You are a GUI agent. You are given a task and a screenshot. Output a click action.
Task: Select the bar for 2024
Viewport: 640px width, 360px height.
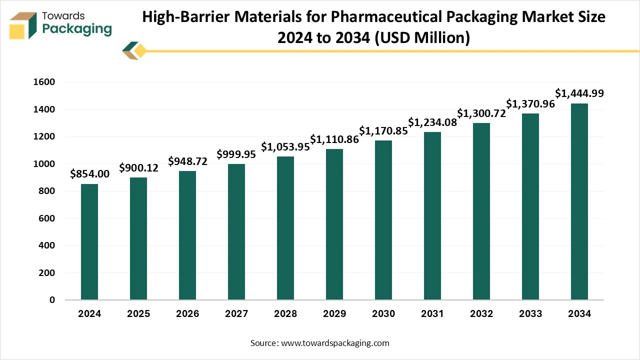click(89, 242)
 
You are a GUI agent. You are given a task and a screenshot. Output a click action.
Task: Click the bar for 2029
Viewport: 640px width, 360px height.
click(334, 224)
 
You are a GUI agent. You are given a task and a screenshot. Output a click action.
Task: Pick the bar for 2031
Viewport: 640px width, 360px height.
click(432, 216)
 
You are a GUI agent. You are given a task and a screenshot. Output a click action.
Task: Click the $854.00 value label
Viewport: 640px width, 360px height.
click(89, 174)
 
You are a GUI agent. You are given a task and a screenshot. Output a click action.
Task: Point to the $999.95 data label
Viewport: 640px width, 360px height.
click(236, 154)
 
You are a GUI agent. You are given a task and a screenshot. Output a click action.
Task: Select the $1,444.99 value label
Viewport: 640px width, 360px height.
click(579, 93)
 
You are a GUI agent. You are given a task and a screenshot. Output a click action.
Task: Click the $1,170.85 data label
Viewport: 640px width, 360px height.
click(383, 131)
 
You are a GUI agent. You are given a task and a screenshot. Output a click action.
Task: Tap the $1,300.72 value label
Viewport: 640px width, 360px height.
click(481, 113)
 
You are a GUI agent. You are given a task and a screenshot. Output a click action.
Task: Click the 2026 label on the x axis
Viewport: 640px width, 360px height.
click(187, 314)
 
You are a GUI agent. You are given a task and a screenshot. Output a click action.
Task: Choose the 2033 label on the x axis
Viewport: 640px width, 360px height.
click(530, 314)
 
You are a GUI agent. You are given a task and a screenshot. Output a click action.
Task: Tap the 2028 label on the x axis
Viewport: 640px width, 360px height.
click(285, 314)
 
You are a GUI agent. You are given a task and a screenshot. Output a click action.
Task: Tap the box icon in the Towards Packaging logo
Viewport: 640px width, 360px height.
click(23, 25)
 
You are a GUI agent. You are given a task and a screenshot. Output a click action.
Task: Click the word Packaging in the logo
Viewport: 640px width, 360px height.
click(77, 29)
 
